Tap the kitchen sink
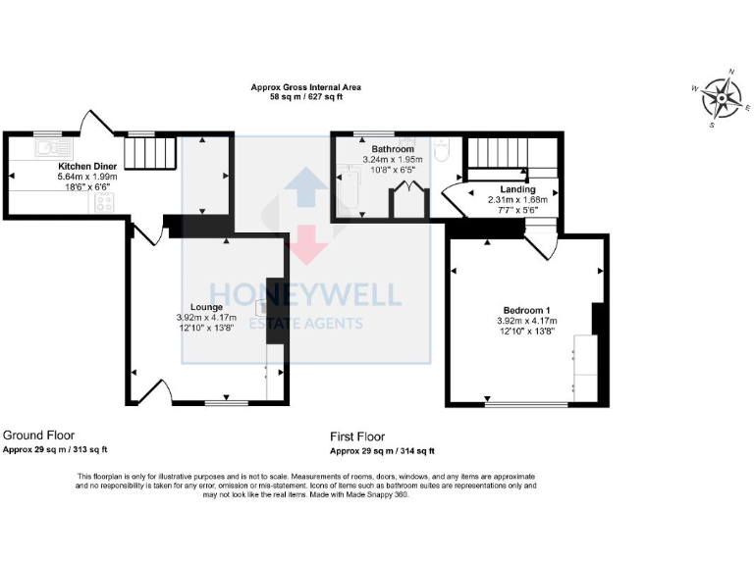[x=47, y=149]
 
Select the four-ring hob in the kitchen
[x=105, y=203]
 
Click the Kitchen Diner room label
[x=87, y=167]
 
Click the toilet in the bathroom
[x=442, y=150]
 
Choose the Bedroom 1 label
[x=527, y=310]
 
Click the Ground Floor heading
[x=39, y=435]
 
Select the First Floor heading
[x=357, y=437]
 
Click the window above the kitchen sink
[x=46, y=132]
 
